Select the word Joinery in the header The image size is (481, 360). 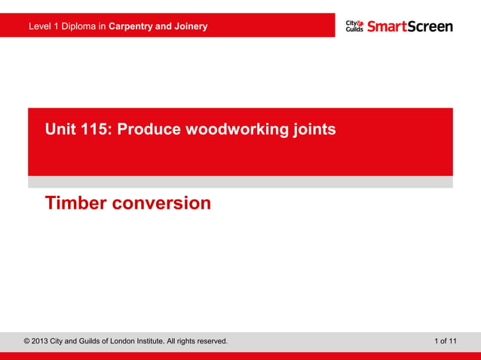pos(190,27)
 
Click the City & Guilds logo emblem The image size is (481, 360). pos(354,26)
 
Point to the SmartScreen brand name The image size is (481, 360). pos(410,26)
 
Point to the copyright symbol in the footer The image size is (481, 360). pos(28,341)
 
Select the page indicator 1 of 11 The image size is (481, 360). pos(445,341)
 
